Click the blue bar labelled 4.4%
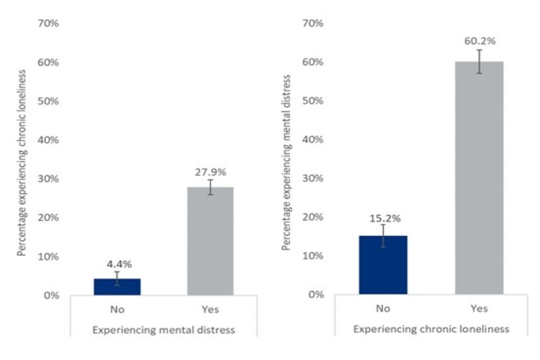point(117,287)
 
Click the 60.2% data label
point(479,41)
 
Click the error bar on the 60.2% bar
point(479,61)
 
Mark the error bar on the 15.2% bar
point(384,236)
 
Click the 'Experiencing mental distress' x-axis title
point(163,330)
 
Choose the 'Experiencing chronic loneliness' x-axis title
point(432,330)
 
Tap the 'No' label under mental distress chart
point(117,309)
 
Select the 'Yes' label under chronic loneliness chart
point(479,309)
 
